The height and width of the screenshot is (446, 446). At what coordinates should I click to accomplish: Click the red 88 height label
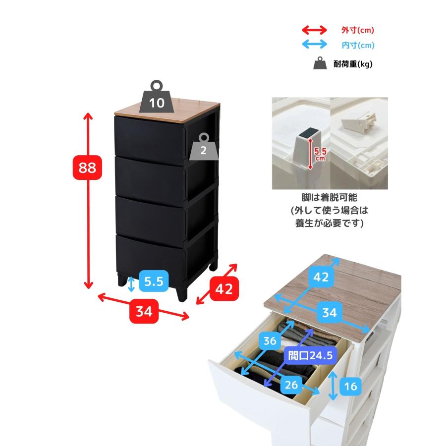tap(87, 167)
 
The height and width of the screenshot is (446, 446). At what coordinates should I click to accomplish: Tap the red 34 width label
tap(144, 311)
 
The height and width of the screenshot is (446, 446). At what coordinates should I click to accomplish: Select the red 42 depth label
tap(224, 289)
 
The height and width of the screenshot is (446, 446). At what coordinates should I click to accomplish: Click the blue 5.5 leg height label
tap(154, 281)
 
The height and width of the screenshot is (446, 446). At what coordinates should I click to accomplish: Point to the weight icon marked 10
tap(157, 98)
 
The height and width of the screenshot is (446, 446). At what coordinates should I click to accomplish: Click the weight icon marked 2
tap(204, 147)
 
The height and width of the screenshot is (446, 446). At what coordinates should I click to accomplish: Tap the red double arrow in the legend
tap(314, 30)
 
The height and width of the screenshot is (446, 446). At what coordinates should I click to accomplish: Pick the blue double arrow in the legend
tap(314, 45)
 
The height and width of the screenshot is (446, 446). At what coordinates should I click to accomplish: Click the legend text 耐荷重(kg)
tap(353, 64)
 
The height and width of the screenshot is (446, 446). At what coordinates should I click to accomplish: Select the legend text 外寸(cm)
tap(357, 30)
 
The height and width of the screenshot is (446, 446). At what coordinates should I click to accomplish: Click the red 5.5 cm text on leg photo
tap(320, 154)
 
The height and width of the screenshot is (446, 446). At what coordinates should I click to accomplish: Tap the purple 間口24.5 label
tap(310, 355)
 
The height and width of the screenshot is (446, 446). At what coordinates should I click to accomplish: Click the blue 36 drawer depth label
tap(270, 340)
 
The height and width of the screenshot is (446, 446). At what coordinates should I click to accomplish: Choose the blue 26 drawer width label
tap(291, 385)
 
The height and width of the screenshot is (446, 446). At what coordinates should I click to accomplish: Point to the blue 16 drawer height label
tap(350, 386)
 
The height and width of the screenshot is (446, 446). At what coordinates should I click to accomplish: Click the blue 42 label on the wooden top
tap(321, 277)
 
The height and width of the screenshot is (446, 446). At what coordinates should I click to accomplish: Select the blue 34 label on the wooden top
tap(330, 312)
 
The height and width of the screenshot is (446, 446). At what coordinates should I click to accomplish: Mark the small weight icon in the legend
tap(320, 63)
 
